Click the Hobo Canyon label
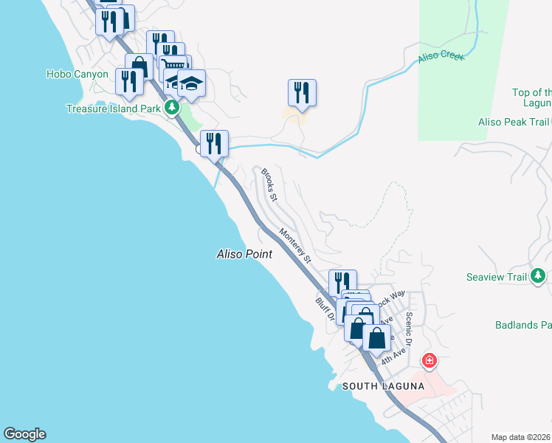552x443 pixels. click(x=77, y=74)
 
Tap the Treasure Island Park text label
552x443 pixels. click(x=113, y=109)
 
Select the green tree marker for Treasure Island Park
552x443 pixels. click(x=172, y=109)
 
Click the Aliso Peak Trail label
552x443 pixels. click(x=514, y=123)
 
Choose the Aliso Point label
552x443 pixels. click(x=244, y=254)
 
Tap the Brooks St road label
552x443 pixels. click(x=269, y=185)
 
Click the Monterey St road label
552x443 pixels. click(x=295, y=245)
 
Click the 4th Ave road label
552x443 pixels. click(x=393, y=355)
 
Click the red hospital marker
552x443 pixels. click(x=429, y=361)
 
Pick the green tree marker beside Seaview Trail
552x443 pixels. click(x=539, y=277)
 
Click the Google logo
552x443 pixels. click(x=24, y=434)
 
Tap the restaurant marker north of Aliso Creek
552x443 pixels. click(x=302, y=94)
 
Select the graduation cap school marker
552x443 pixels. click(x=191, y=84)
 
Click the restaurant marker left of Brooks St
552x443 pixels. click(x=215, y=144)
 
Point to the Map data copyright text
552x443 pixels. click(x=521, y=437)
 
